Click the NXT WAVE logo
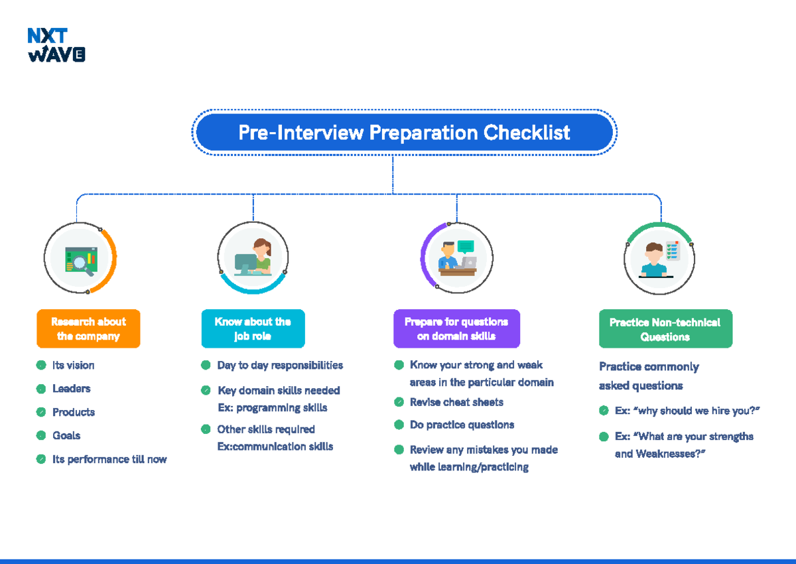click(x=56, y=45)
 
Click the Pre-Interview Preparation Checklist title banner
click(x=404, y=133)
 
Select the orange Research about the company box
click(x=88, y=328)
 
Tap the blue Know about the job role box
click(x=253, y=328)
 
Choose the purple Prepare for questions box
click(x=456, y=328)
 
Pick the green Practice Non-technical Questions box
click(x=665, y=329)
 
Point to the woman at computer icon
click(x=254, y=257)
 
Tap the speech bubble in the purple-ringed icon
click(x=466, y=246)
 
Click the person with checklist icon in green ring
click(x=659, y=259)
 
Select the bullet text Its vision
click(x=74, y=365)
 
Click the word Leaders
click(x=72, y=389)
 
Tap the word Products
click(x=74, y=412)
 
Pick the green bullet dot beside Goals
click(x=41, y=436)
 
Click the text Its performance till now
click(x=109, y=459)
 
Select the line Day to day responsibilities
click(x=280, y=365)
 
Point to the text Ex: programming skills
click(x=272, y=407)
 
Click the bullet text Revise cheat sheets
click(x=456, y=402)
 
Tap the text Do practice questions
click(x=462, y=425)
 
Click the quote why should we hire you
click(x=687, y=411)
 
